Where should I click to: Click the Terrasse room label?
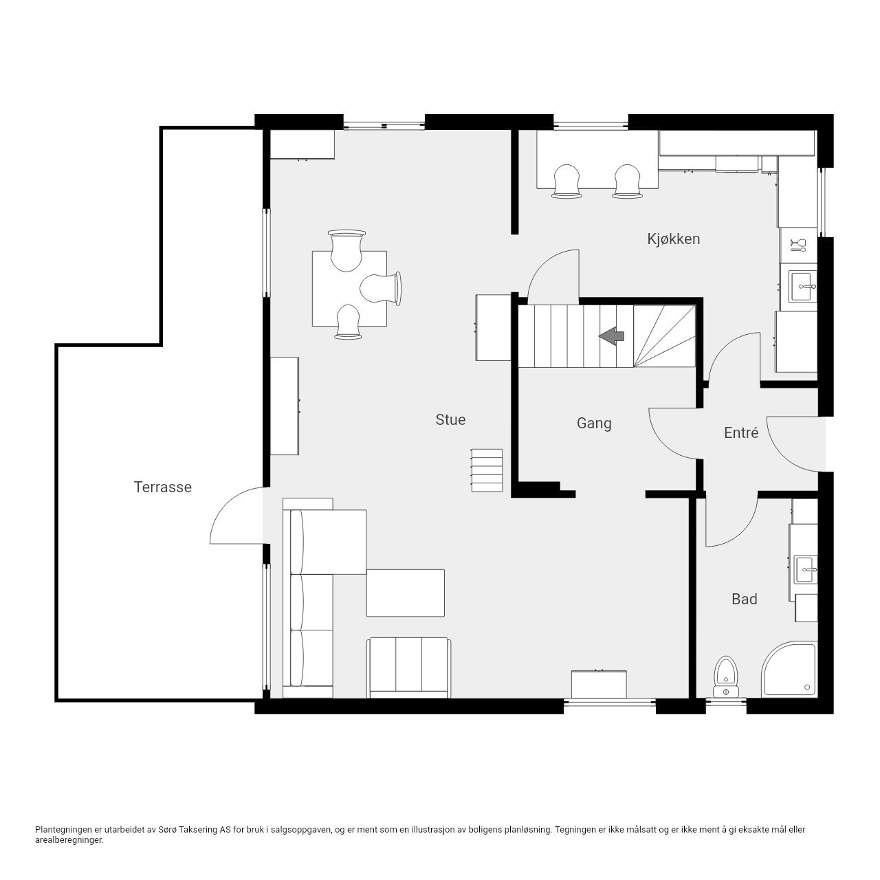click(x=162, y=487)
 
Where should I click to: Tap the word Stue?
click(x=450, y=419)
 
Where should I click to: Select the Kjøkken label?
click(x=674, y=239)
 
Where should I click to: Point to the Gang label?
click(x=594, y=423)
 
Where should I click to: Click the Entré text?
click(x=741, y=432)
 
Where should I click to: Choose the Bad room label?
click(x=745, y=599)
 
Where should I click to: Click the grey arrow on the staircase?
click(x=611, y=336)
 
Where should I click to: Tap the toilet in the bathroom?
click(x=726, y=676)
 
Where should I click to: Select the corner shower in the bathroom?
click(x=789, y=670)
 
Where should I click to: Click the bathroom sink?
click(x=806, y=569)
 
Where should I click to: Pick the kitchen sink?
click(x=803, y=286)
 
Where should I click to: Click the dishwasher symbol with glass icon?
click(x=798, y=245)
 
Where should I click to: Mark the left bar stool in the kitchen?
click(x=566, y=181)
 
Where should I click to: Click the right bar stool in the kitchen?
click(x=628, y=181)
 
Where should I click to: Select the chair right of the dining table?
click(x=381, y=288)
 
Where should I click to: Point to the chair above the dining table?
click(x=346, y=250)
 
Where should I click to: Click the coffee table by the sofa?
click(x=406, y=593)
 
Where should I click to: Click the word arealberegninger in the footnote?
click(x=69, y=840)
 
